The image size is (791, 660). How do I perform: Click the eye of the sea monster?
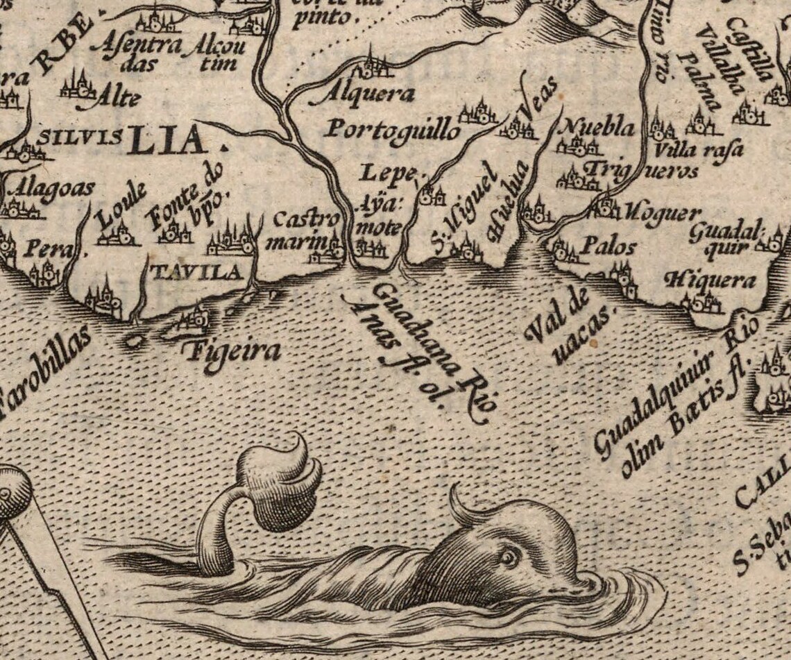(x=510, y=557)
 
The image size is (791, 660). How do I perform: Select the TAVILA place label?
(x=196, y=272)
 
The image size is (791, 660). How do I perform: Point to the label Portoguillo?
(x=393, y=130)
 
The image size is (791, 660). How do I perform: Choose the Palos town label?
(x=599, y=245)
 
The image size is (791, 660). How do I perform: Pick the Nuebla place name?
(x=597, y=127)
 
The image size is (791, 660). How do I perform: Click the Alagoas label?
(x=54, y=189)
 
